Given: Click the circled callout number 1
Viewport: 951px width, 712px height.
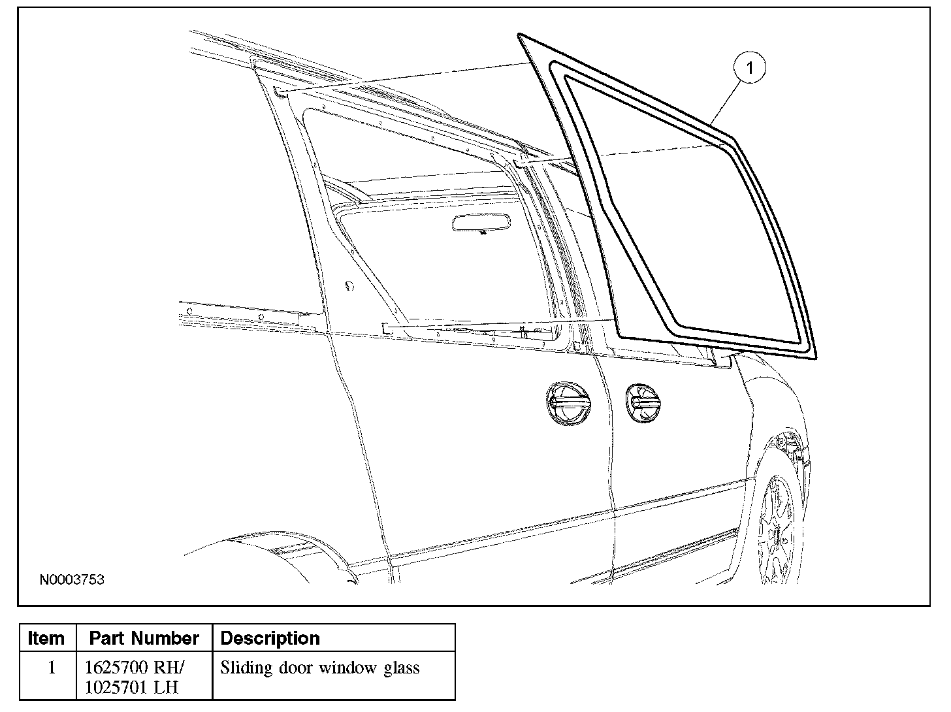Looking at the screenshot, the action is [x=749, y=68].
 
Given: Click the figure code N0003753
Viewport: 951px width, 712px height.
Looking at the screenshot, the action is [x=72, y=580].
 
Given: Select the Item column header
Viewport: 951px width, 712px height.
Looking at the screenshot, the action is [x=47, y=638].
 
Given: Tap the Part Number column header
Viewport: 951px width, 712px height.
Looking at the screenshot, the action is [x=144, y=638].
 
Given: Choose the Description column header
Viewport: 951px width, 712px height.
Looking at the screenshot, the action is [x=270, y=638].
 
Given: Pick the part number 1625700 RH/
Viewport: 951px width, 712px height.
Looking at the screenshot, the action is [x=135, y=668].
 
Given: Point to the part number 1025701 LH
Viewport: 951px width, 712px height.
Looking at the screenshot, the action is [x=132, y=687].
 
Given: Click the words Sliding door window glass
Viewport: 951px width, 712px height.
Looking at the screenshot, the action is [x=319, y=668].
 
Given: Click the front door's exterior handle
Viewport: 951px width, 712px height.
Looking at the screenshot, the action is [x=642, y=402].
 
